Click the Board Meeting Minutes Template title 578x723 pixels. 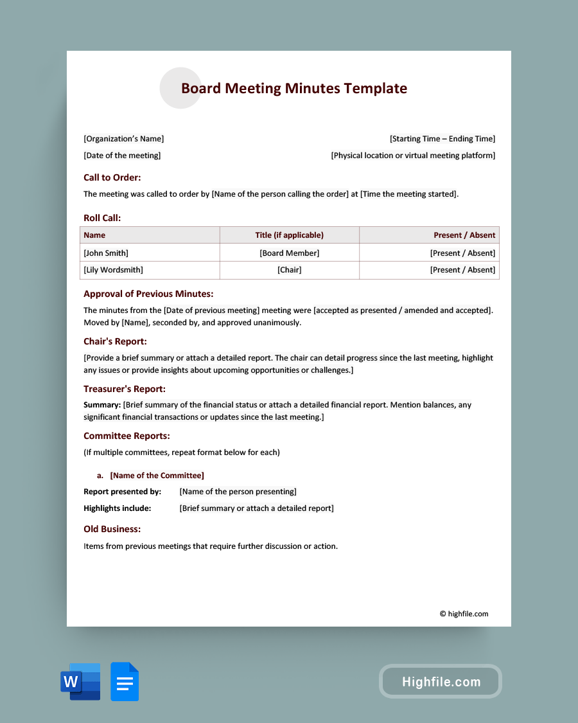click(x=293, y=89)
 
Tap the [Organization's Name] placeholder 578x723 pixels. click(x=123, y=139)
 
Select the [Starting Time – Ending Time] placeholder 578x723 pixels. click(x=442, y=139)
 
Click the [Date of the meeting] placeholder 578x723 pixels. click(x=122, y=156)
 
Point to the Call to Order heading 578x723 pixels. click(x=112, y=177)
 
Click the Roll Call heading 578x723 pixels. click(x=102, y=218)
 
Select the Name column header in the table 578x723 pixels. click(x=94, y=235)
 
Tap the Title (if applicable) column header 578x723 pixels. click(x=289, y=235)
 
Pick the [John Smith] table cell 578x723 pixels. click(x=106, y=253)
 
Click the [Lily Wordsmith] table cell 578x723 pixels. click(x=113, y=270)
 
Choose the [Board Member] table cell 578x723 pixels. click(x=289, y=253)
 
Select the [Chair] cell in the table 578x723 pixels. click(x=289, y=270)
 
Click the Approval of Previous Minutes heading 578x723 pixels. click(x=148, y=294)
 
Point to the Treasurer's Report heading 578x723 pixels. click(x=125, y=389)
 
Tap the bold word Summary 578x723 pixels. click(x=102, y=405)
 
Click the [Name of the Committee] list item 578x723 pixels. click(x=157, y=476)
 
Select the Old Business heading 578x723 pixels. click(x=112, y=529)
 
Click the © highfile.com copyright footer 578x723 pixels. click(x=464, y=614)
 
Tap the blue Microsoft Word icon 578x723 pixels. click(x=80, y=681)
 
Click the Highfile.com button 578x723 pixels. click(x=441, y=682)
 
